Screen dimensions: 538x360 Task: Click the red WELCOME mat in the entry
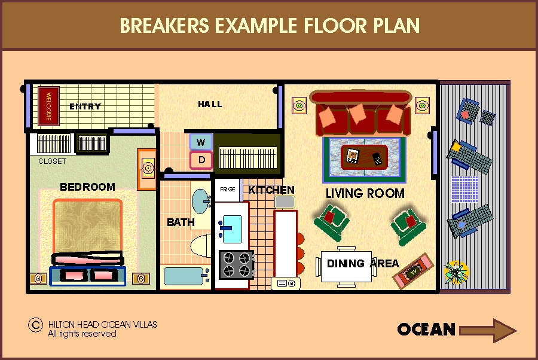(48, 106)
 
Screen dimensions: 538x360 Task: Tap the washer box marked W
(201, 142)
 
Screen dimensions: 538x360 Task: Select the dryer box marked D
(201, 160)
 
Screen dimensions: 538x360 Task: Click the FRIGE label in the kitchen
(228, 189)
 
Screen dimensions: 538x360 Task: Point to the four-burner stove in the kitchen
(236, 264)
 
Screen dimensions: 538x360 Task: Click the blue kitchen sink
(232, 229)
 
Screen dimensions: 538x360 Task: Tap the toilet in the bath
(201, 246)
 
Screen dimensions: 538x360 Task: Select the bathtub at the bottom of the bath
(185, 277)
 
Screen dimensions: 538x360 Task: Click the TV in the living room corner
(413, 271)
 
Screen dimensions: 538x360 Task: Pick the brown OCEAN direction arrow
(488, 331)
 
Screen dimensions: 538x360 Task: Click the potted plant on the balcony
(456, 272)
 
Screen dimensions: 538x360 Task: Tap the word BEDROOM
(87, 187)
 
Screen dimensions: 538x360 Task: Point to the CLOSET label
(52, 161)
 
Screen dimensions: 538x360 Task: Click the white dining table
(346, 266)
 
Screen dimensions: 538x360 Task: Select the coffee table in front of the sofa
(365, 157)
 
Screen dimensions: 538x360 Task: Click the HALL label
(210, 104)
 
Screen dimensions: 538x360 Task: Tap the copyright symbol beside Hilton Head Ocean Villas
(35, 325)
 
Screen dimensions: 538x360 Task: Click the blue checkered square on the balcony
(464, 189)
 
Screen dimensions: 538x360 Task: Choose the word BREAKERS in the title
(164, 25)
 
